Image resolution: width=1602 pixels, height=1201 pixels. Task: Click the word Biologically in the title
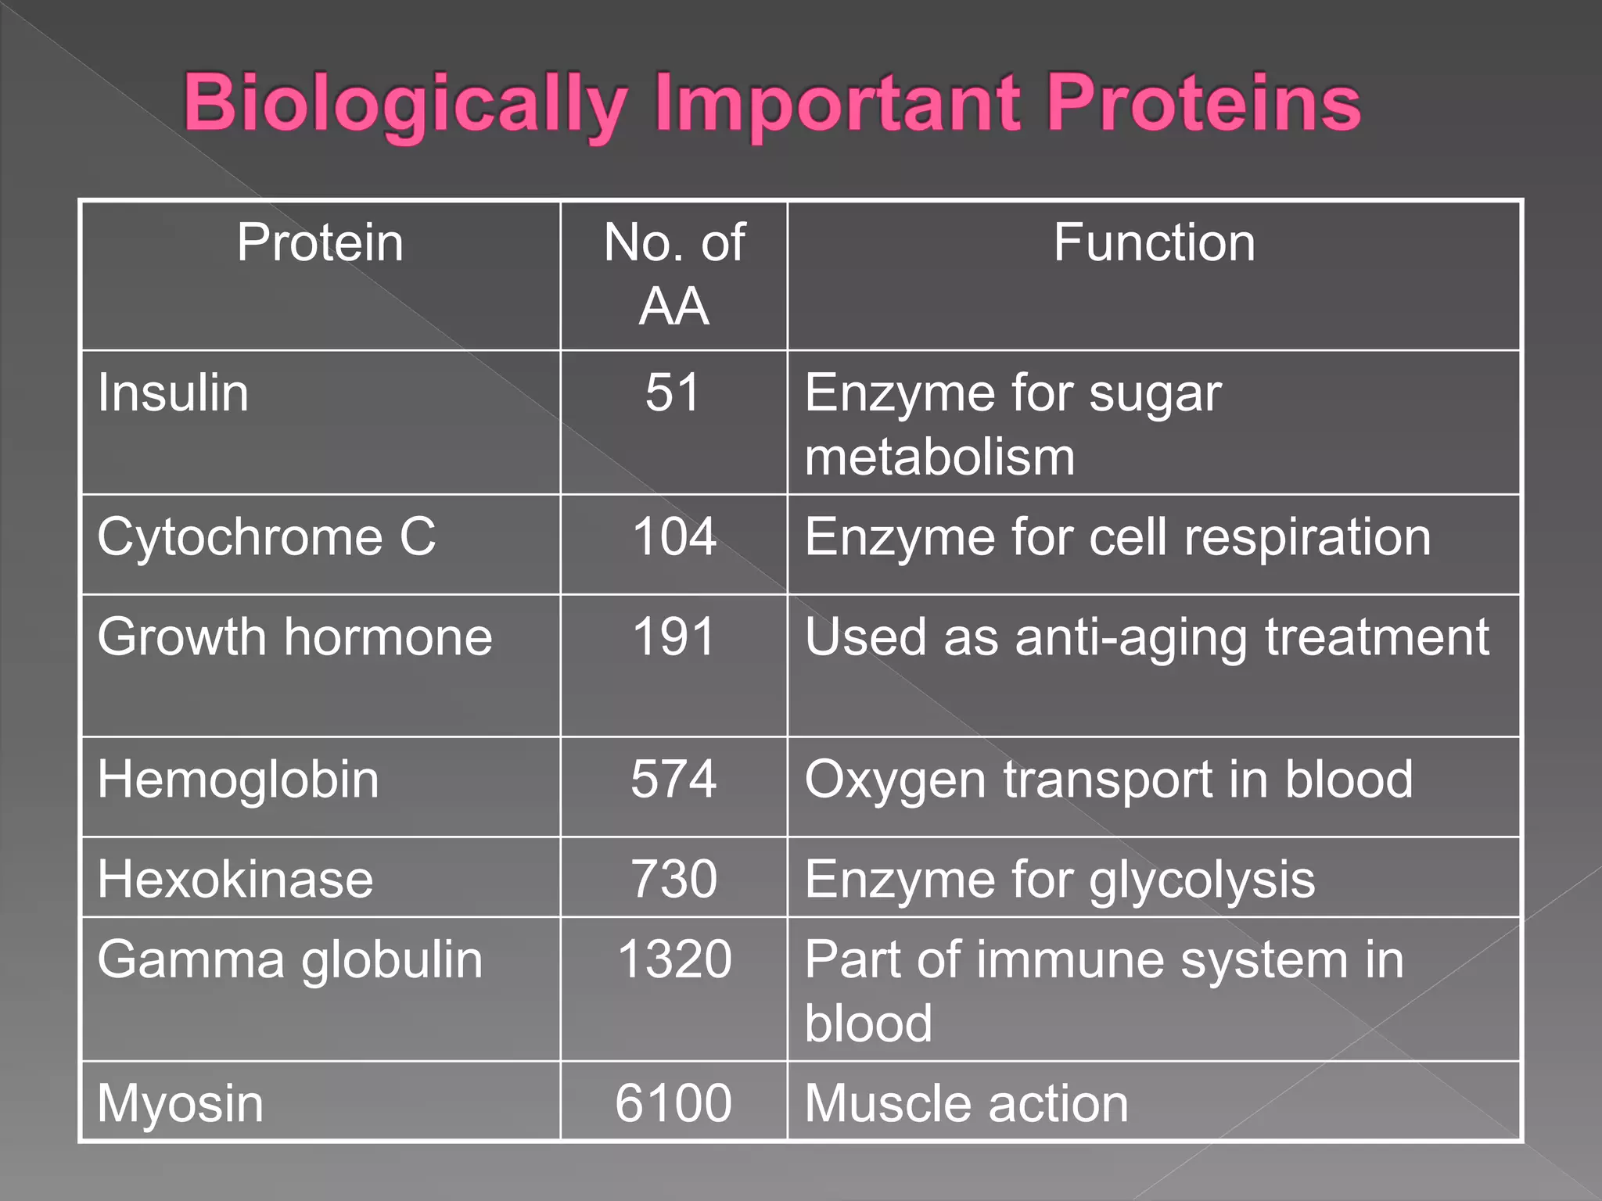coord(404,104)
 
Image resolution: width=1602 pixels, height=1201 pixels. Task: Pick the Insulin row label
coord(173,393)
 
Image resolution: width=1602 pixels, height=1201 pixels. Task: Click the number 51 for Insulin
coord(673,393)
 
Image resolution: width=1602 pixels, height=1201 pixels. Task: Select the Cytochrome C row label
coord(266,537)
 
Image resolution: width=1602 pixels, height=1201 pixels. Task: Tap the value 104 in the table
coord(673,537)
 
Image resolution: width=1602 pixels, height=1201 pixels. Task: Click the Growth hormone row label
coord(295,636)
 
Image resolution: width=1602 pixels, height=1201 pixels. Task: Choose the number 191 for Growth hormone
coord(673,636)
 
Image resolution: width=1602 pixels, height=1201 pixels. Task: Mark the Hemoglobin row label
coord(238,780)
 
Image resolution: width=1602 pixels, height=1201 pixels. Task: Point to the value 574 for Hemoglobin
coord(673,780)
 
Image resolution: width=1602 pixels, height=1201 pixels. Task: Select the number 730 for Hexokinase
coord(673,880)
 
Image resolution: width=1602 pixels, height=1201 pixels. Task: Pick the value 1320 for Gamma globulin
coord(674,960)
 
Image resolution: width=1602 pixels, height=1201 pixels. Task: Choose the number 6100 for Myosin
coord(673,1103)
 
